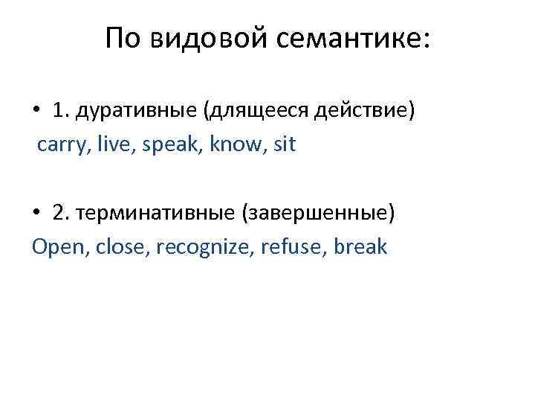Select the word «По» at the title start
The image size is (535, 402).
click(125, 39)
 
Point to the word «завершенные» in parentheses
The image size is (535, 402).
click(319, 214)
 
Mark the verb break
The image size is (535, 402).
click(361, 246)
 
